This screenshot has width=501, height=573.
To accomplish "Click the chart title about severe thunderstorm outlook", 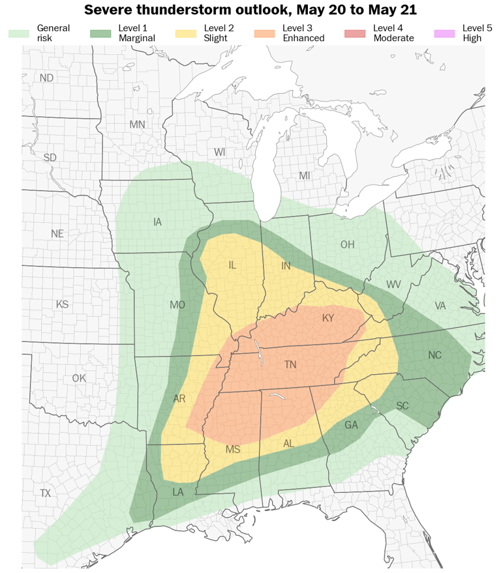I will tap(250, 10).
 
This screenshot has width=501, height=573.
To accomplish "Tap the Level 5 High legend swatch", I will tap(445, 33).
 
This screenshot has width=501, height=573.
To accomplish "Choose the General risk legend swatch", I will tap(19, 33).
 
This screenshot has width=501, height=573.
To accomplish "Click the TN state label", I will tap(290, 365).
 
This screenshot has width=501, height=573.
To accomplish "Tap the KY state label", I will tap(327, 318).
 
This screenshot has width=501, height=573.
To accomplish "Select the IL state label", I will tap(233, 265).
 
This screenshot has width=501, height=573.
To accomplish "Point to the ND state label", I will tap(46, 78).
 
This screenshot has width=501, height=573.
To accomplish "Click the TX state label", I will tap(45, 493).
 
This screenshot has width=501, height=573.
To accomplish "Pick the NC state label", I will tap(434, 355).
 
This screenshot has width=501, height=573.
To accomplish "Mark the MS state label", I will tap(233, 450).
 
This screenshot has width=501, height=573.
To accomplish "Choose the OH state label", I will tap(347, 245).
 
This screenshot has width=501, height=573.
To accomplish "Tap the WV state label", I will tap(393, 285).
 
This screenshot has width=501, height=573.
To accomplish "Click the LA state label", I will tap(178, 492).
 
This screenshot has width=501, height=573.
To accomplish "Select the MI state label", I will tap(305, 176).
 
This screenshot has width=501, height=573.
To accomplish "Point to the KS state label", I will tap(62, 304).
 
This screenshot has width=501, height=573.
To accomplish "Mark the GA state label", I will tap(351, 425).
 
